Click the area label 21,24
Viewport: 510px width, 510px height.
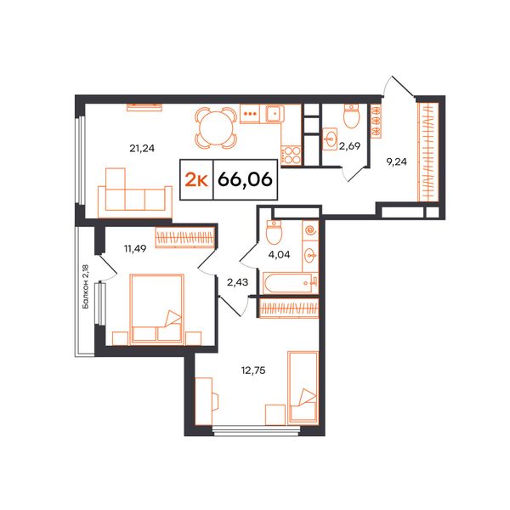pyautogui.click(x=142, y=149)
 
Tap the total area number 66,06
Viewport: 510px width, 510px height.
pyautogui.click(x=246, y=179)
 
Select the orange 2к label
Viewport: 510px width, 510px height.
pyautogui.click(x=196, y=180)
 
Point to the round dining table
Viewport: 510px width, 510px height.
pyautogui.click(x=216, y=127)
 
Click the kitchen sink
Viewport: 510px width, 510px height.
pyautogui.click(x=275, y=114)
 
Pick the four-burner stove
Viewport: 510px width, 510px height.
pyautogui.click(x=292, y=156)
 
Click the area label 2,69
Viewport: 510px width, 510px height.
pyautogui.click(x=349, y=146)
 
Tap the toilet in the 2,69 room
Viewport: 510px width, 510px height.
pyautogui.click(x=351, y=116)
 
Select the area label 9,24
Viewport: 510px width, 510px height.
pyautogui.click(x=396, y=161)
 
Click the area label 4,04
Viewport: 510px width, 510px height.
pyautogui.click(x=279, y=254)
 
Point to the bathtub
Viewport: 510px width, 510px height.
pyautogui.click(x=287, y=283)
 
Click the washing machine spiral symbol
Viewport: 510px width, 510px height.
pyautogui.click(x=310, y=230)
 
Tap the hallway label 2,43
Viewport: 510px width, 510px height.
pyautogui.click(x=237, y=282)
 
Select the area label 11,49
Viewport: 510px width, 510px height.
pyautogui.click(x=135, y=249)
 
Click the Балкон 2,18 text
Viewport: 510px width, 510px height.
pyautogui.click(x=86, y=286)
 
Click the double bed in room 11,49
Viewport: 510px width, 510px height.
pyautogui.click(x=156, y=309)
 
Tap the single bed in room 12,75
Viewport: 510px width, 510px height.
pyautogui.click(x=303, y=388)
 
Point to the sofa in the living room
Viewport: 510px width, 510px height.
pyautogui.click(x=135, y=195)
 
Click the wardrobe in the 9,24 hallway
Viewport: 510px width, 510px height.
pyautogui.click(x=428, y=152)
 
